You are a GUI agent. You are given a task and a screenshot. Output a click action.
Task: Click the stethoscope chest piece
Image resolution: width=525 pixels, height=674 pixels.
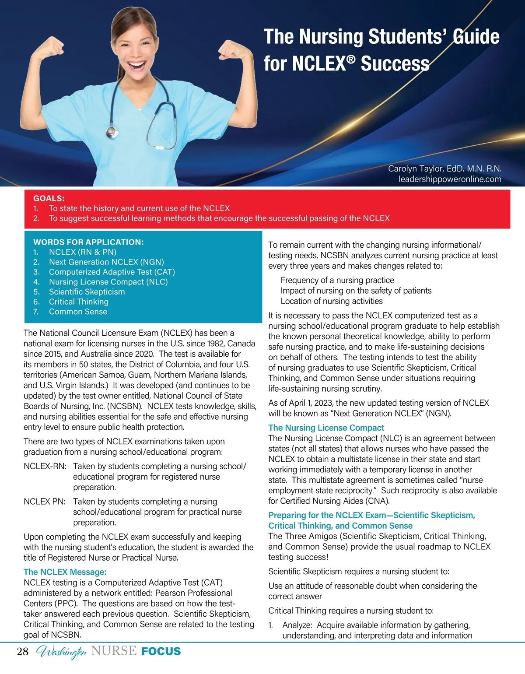[112, 131]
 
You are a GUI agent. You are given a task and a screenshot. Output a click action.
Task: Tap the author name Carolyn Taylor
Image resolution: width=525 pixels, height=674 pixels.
[416, 169]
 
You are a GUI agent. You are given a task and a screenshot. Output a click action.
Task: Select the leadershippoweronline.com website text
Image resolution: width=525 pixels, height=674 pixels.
[450, 179]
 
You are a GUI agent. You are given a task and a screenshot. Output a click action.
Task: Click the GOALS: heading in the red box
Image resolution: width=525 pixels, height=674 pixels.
[49, 198]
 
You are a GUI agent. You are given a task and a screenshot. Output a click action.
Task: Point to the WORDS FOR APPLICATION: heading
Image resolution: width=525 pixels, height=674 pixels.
[88, 242]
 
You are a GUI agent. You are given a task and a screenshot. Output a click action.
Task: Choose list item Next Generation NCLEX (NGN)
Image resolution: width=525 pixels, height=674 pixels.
[106, 262]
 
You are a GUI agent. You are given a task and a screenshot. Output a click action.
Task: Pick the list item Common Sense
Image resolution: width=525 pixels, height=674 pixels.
[78, 312]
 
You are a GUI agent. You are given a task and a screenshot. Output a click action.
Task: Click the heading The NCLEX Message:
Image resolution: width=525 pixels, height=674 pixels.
[65, 572]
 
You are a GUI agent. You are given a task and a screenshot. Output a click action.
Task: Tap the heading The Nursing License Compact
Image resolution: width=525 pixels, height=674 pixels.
[326, 428]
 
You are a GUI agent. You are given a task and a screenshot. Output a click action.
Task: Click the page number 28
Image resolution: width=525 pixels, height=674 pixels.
[22, 652]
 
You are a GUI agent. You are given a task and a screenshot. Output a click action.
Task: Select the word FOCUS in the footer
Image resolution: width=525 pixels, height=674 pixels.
[161, 652]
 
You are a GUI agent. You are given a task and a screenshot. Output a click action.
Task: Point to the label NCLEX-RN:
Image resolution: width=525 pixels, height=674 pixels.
[45, 467]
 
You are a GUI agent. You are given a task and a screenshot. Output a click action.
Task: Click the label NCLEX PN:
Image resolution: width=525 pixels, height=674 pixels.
[45, 502]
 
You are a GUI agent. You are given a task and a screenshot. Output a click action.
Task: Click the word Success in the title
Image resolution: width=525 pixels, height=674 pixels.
[395, 64]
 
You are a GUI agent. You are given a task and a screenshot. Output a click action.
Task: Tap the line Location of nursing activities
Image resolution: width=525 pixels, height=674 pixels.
[332, 301]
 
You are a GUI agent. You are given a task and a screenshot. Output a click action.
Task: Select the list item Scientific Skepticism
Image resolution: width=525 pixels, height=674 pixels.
[87, 292]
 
